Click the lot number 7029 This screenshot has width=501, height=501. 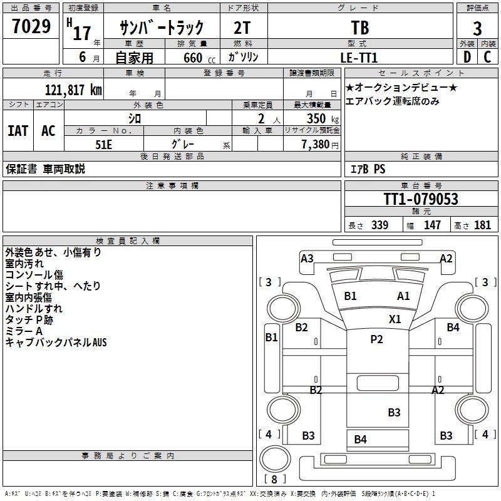pyautogui.click(x=31, y=26)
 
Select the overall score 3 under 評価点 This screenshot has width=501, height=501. pyautogui.click(x=477, y=29)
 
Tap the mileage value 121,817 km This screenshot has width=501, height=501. pyautogui.click(x=73, y=90)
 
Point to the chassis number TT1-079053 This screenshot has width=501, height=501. pyautogui.click(x=421, y=199)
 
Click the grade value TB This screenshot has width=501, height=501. pyautogui.click(x=360, y=28)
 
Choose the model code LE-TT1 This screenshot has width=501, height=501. pyautogui.click(x=359, y=58)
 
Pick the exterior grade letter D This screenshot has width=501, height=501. pyautogui.click(x=467, y=57)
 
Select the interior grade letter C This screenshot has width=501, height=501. pyautogui.click(x=487, y=57)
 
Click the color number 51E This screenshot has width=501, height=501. pyautogui.click(x=103, y=145)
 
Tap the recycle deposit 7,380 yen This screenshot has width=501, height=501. pyautogui.click(x=320, y=145)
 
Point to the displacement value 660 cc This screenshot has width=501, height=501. pyautogui.click(x=199, y=58)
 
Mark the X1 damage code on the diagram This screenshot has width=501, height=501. pyautogui.click(x=395, y=319)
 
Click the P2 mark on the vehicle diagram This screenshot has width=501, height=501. pyautogui.click(x=376, y=339)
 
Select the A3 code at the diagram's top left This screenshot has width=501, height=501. pyautogui.click(x=307, y=258)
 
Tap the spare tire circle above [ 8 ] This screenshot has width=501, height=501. pyautogui.click(x=275, y=459)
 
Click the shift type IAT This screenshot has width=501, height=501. pyautogui.click(x=18, y=131)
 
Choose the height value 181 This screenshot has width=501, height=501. pyautogui.click(x=482, y=225)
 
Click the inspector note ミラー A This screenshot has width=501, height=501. pyautogui.click(x=24, y=331)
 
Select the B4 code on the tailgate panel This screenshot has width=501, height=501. pyautogui.click(x=361, y=440)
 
